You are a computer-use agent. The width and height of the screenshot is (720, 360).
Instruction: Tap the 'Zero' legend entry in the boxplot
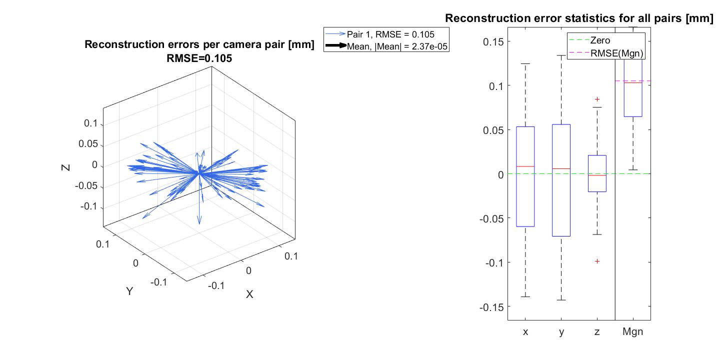600,40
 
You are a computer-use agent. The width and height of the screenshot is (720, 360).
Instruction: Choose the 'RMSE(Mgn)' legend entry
616,52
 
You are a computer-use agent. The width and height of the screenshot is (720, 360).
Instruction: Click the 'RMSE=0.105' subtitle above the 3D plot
199,58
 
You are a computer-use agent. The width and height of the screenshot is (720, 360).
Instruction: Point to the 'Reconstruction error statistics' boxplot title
579,18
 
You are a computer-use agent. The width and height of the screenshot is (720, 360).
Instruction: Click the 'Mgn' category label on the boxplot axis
632,331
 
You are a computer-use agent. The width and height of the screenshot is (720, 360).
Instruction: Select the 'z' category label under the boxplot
597,331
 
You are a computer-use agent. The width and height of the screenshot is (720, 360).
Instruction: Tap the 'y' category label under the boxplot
561,331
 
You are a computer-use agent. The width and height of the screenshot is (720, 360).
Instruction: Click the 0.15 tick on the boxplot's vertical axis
493,41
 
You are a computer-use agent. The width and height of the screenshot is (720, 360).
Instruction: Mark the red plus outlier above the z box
597,99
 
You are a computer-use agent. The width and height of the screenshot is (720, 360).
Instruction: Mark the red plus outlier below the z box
597,261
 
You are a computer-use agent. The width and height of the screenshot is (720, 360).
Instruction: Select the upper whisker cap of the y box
561,55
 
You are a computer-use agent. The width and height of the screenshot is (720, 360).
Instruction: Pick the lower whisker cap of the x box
525,297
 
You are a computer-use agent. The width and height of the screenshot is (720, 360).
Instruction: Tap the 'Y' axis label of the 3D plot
129,291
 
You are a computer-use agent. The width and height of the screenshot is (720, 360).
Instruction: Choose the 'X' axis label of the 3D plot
249,294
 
